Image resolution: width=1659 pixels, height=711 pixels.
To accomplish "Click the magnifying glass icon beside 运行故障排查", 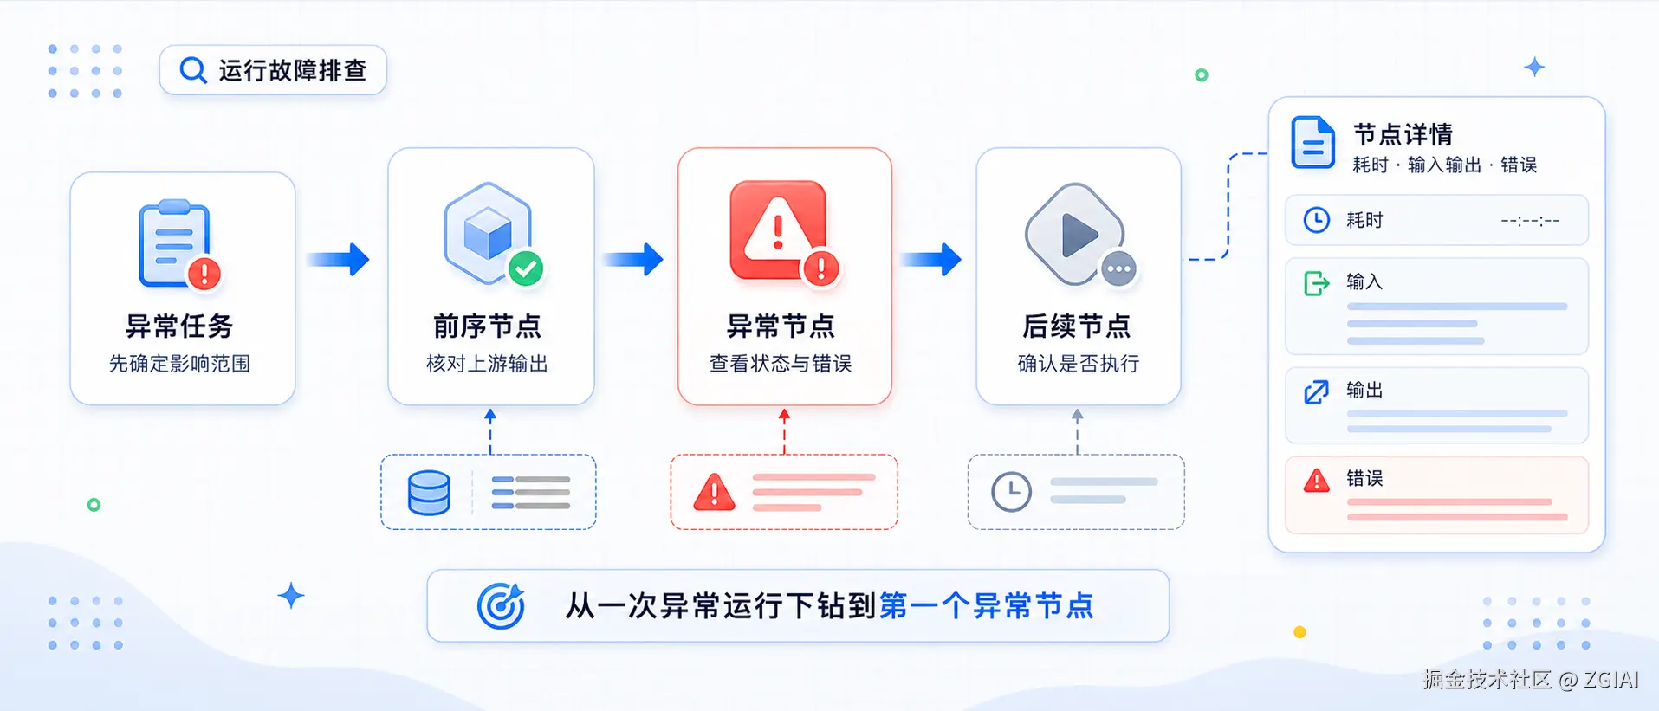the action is click(192, 70).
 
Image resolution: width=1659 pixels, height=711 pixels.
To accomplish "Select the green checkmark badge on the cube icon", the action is click(526, 268).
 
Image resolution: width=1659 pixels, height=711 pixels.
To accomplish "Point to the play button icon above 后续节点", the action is click(1075, 234).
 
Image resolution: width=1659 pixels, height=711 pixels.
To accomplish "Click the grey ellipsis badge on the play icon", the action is click(1118, 269).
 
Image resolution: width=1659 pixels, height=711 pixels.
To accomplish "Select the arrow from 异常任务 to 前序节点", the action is click(339, 259).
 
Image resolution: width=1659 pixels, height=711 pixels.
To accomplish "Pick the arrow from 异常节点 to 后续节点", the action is click(931, 259).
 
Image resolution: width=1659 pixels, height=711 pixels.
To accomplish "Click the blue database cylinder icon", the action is click(429, 493).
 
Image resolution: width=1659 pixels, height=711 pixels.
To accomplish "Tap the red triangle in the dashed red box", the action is click(714, 492).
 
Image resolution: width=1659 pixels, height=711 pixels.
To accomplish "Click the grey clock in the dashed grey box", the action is click(1011, 492).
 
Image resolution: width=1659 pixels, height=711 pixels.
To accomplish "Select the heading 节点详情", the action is click(1403, 134).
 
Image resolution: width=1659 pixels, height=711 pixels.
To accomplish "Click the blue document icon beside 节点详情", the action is click(1312, 142).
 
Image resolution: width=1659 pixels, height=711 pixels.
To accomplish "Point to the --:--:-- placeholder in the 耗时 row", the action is click(1530, 221).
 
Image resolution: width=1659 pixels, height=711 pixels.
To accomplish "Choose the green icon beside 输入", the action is click(1316, 283).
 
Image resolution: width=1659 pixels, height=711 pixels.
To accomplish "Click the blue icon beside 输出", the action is click(1316, 392).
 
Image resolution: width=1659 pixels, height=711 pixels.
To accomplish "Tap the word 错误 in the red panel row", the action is click(1364, 478).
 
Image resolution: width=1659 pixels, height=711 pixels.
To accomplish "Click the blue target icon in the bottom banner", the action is click(502, 605).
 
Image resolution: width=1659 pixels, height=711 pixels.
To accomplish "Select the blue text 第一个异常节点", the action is click(987, 606).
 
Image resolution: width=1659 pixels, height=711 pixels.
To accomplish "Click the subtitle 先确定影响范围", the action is click(179, 364).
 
